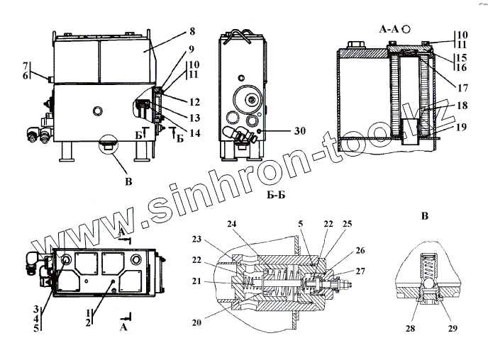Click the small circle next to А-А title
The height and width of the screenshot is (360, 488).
406,29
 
